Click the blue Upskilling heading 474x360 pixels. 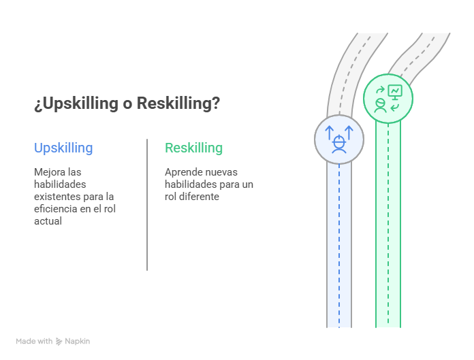[63, 148]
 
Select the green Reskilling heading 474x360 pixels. [193, 148]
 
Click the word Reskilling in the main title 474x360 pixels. [178, 104]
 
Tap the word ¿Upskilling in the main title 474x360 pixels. [74, 104]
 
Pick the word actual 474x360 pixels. [48, 221]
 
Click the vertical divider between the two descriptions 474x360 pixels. [147, 204]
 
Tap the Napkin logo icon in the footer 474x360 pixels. [59, 342]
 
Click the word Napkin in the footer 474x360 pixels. [78, 342]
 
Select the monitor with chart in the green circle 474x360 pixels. [395, 91]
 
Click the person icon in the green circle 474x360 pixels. [380, 105]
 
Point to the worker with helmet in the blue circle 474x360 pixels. [338, 144]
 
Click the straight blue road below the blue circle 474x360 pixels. [339, 245]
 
